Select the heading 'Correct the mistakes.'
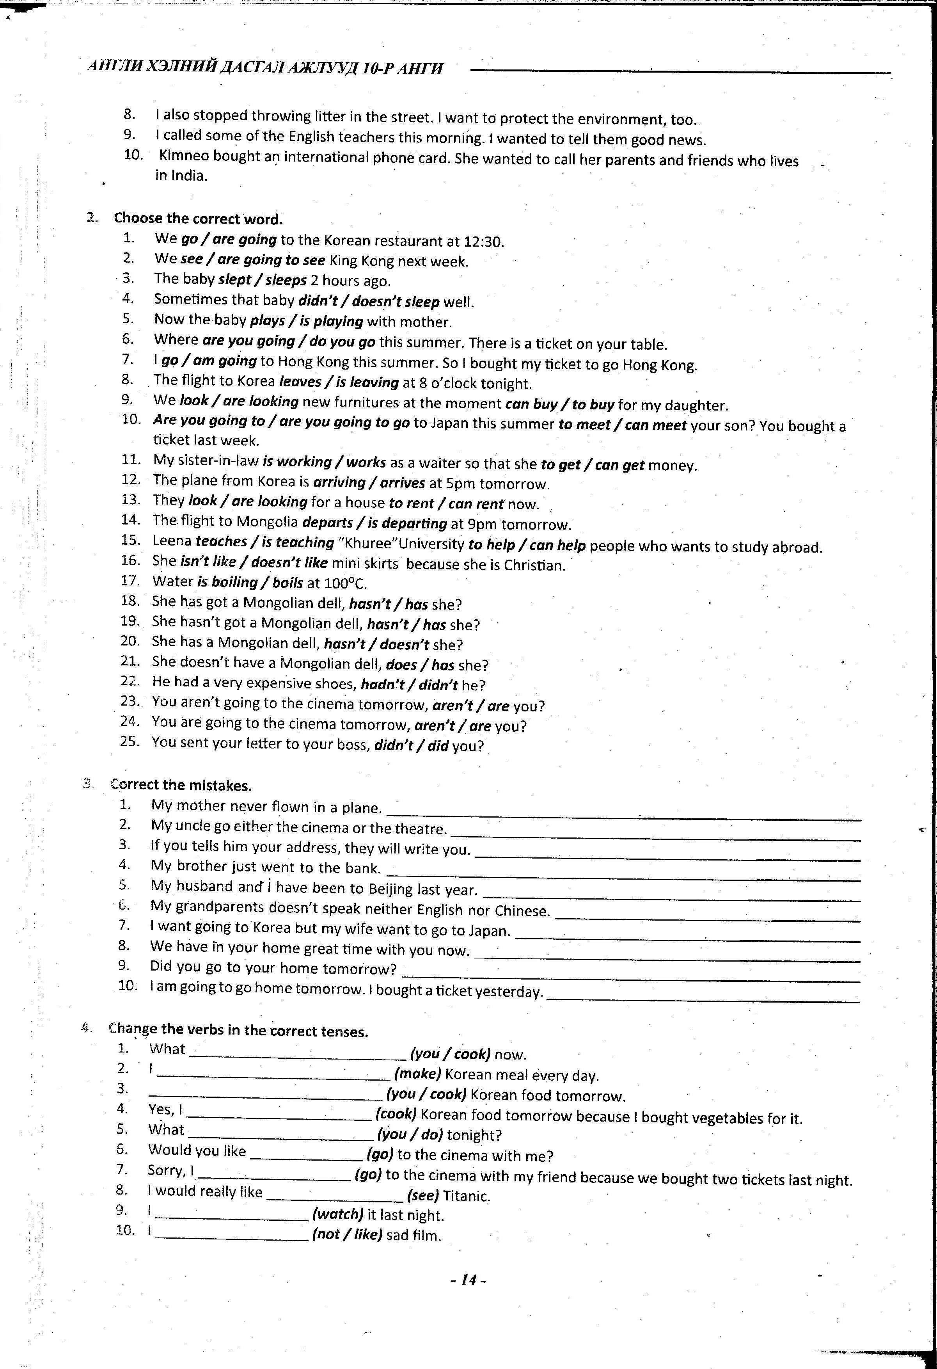[x=181, y=785]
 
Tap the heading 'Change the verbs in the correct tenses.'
[x=238, y=1031]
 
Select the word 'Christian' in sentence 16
[x=535, y=565]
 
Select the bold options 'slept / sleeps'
[x=262, y=280]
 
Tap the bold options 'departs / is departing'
[x=374, y=523]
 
